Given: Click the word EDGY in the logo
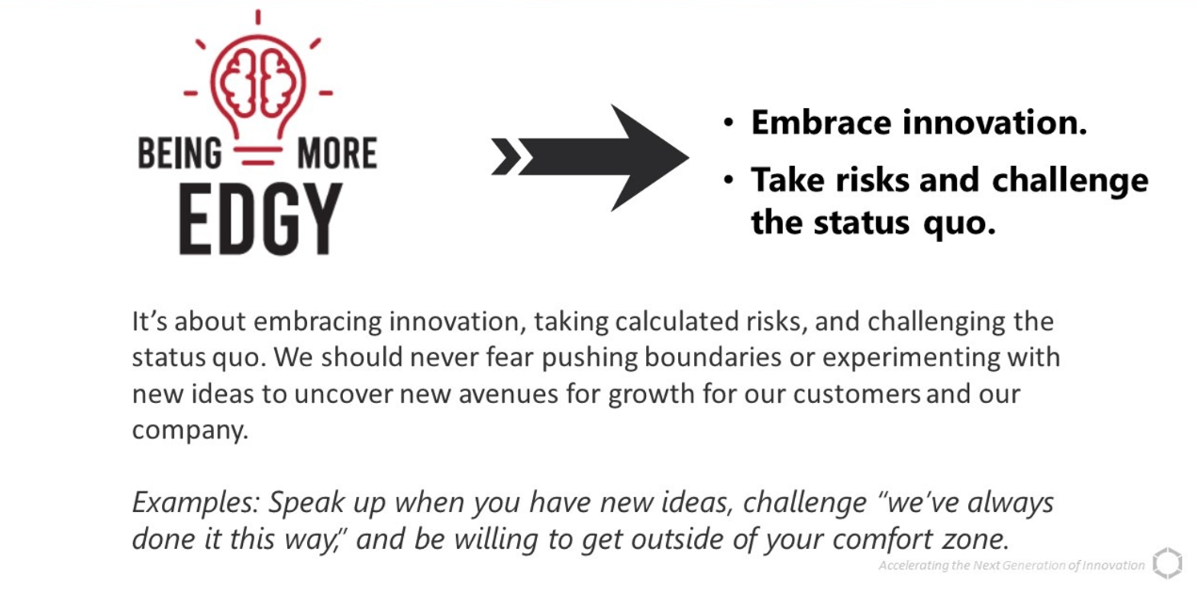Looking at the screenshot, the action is coord(260,218).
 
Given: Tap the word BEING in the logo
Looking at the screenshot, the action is coord(180,153).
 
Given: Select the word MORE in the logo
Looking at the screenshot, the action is coord(337,153).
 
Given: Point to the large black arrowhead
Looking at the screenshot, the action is coord(649,157).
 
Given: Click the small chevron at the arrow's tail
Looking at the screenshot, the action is coord(506,156).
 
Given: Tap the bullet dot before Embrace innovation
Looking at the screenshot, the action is coord(728,123).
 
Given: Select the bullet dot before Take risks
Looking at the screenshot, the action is coord(728,180).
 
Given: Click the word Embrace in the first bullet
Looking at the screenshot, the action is coord(821,122).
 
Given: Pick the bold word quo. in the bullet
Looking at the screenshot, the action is coord(960,223).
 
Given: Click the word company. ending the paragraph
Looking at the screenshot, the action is coord(190,430).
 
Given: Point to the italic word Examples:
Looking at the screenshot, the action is coord(196,504).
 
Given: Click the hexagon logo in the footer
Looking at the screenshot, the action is coord(1168,563).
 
